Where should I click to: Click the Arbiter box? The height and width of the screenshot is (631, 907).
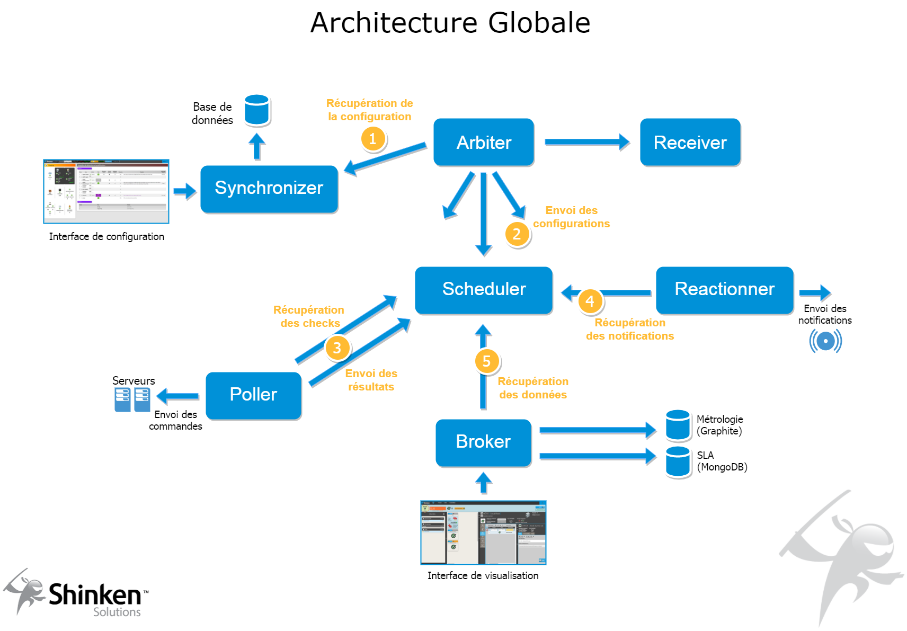point(483,142)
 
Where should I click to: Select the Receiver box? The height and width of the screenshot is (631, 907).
point(690,142)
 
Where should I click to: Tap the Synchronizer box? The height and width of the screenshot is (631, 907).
point(269,189)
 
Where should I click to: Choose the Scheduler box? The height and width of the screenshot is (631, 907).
point(483,290)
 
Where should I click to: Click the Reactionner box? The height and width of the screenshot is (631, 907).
point(724,290)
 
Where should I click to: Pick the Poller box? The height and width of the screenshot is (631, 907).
point(253,395)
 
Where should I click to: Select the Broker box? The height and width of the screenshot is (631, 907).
point(483,442)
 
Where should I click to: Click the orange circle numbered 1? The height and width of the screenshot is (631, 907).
point(373,139)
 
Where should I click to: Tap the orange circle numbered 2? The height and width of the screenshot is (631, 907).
point(517,234)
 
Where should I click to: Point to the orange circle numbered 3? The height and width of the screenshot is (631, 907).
point(337,348)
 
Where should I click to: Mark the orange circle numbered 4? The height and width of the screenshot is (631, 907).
point(590,301)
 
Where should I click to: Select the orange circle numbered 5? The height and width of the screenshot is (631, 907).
point(487,361)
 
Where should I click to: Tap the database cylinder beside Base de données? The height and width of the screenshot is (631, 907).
point(257,110)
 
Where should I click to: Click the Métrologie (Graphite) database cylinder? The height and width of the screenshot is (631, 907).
point(678,425)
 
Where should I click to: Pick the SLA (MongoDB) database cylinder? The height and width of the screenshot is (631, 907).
point(678,461)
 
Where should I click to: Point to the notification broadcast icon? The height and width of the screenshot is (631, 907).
point(825,341)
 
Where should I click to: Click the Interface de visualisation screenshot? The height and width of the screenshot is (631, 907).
point(483,532)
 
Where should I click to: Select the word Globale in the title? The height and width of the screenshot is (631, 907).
point(539,23)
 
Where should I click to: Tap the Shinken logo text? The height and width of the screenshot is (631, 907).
point(95,595)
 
